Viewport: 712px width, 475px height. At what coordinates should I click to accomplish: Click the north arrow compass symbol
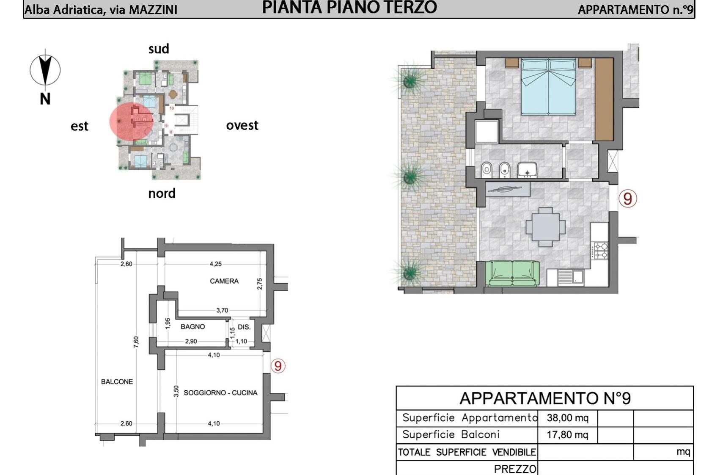(45, 70)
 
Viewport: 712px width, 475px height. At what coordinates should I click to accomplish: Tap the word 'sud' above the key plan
(159, 49)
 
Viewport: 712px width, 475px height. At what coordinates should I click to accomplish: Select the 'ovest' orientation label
(242, 125)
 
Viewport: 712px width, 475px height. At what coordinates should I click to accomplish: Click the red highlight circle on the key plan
(131, 121)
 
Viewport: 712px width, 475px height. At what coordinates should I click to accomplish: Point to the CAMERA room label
(224, 281)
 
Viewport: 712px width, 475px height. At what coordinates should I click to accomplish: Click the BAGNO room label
(192, 326)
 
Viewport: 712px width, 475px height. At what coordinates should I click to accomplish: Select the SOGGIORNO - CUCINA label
(220, 392)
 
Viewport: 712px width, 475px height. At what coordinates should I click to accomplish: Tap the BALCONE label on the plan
(117, 381)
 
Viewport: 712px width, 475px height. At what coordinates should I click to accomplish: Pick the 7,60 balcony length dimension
(136, 342)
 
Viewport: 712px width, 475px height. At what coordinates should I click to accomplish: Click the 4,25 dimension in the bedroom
(215, 264)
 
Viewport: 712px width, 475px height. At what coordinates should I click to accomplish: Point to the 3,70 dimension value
(222, 310)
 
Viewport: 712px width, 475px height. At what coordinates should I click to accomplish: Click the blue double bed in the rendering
(548, 87)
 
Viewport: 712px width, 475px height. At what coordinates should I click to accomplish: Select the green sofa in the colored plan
(512, 273)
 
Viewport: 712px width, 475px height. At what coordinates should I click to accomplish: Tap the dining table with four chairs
(545, 227)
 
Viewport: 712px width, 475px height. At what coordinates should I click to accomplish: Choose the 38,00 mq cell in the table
(567, 417)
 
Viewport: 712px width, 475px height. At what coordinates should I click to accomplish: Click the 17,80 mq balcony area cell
(567, 435)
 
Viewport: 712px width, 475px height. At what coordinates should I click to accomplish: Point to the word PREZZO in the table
(515, 469)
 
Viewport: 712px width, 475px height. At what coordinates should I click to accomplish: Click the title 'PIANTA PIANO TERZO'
(349, 8)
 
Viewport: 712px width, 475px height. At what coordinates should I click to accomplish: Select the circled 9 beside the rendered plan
(627, 199)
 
